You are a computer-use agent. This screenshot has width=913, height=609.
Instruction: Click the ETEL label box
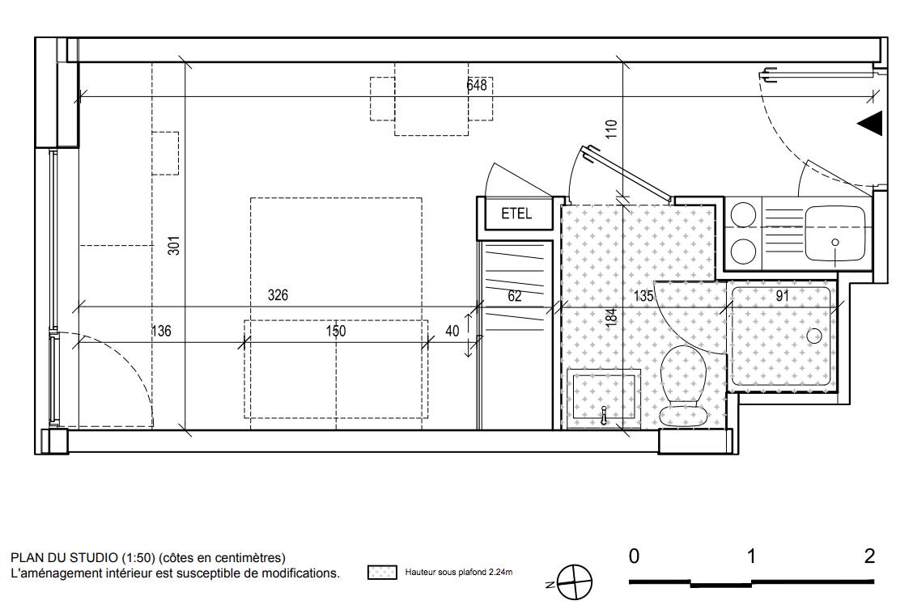point(516,214)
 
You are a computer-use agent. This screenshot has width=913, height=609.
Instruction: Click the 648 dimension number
point(476,85)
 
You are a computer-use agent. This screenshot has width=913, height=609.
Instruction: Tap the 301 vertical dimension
point(173,246)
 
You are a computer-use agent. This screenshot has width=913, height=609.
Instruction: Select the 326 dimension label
point(278,295)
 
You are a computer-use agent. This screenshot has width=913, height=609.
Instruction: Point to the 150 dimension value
point(335,331)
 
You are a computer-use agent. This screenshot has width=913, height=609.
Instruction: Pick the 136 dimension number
point(161,331)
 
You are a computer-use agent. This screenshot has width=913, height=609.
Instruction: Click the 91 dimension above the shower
point(783,295)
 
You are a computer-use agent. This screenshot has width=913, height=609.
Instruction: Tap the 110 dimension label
point(611,129)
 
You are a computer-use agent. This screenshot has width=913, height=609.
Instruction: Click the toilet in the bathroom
point(683,386)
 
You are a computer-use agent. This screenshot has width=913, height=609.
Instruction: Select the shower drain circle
point(814,336)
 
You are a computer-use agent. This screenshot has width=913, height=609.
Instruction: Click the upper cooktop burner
point(744,214)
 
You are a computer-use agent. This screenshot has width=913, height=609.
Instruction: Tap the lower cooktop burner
point(744,252)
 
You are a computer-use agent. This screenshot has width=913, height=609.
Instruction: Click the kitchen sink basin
point(835,233)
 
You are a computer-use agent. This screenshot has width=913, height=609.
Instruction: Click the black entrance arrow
point(870,123)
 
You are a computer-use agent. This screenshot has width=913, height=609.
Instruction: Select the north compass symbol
point(574,582)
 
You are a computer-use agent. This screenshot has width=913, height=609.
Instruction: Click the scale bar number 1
point(751,556)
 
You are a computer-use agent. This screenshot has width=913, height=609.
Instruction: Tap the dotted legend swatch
point(382,573)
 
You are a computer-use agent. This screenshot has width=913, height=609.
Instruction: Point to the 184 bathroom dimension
point(611,317)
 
